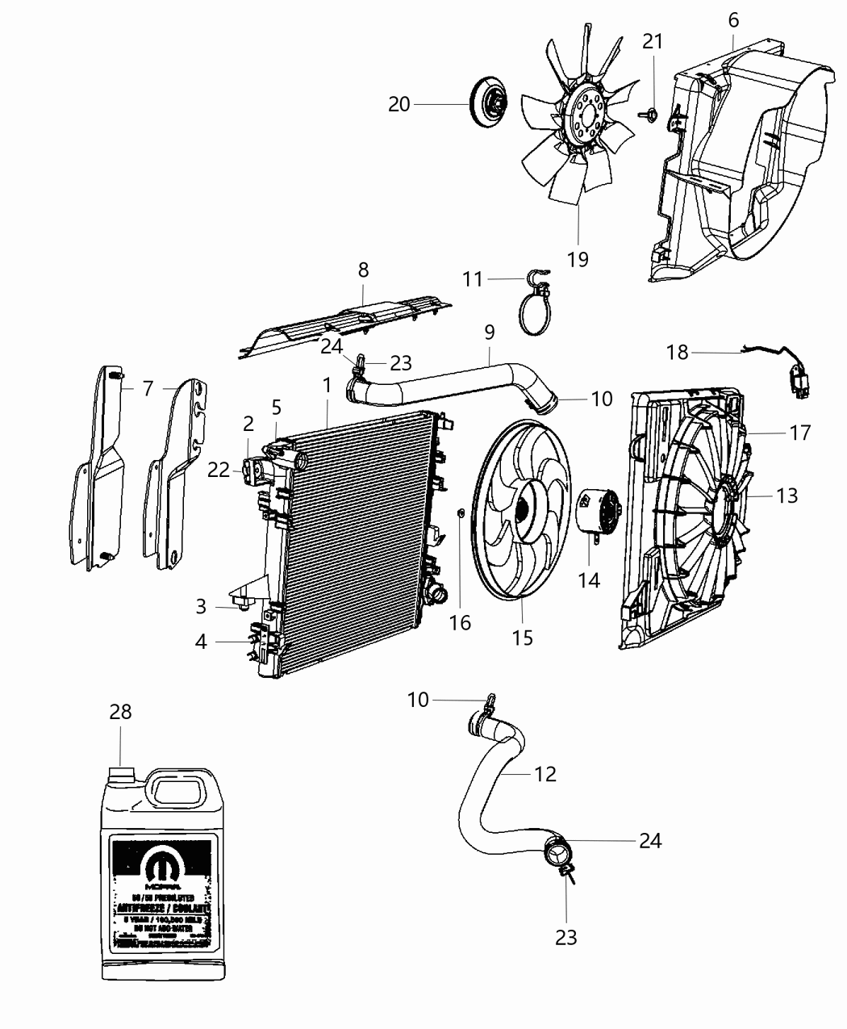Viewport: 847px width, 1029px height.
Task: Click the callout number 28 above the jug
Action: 120,712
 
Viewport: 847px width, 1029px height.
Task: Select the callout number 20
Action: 399,104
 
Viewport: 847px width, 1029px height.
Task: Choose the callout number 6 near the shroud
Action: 732,19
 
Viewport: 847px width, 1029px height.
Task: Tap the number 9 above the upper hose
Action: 489,332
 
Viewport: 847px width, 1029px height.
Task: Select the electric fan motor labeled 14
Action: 598,513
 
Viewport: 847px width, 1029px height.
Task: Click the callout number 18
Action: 678,352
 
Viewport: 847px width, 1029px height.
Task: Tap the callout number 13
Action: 786,495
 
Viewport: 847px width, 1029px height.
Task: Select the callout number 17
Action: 799,433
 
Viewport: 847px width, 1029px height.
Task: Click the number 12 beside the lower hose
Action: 545,774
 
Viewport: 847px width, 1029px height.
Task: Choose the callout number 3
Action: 201,606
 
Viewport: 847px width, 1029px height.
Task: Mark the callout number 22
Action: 219,469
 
